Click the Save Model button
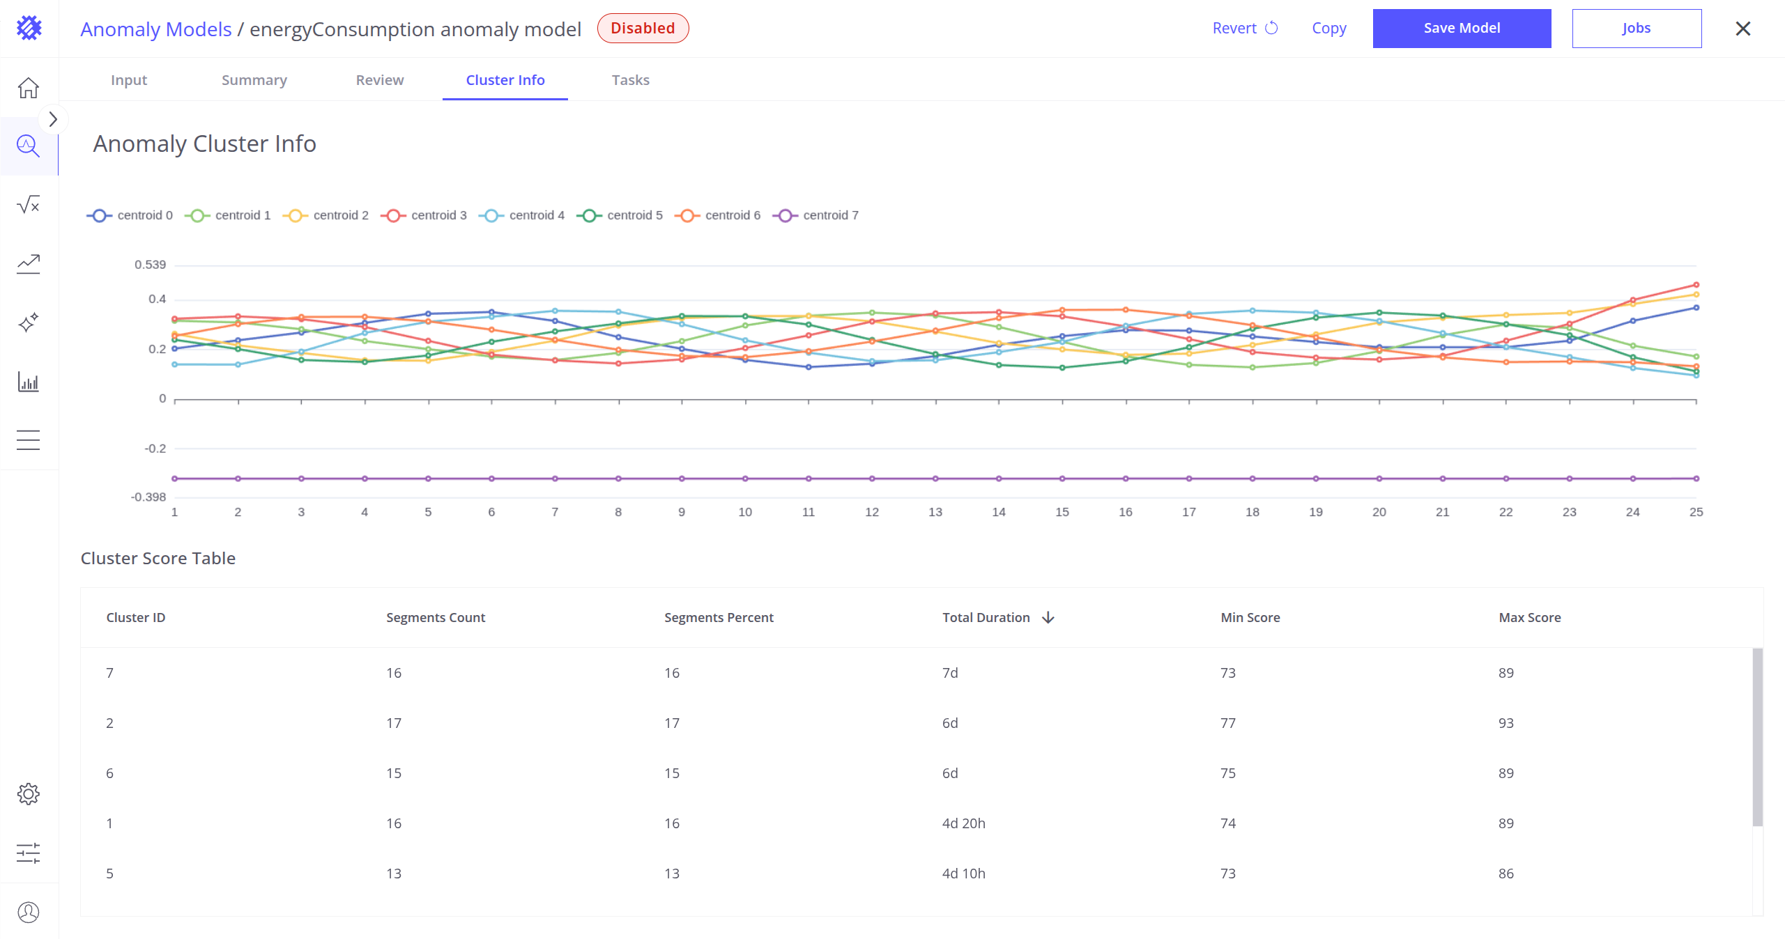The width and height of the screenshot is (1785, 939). coord(1462,29)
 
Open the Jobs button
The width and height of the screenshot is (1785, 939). coord(1636,29)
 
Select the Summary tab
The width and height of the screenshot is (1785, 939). coord(254,80)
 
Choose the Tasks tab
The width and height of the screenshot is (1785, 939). coord(630,80)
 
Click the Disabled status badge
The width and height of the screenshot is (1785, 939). coord(643,29)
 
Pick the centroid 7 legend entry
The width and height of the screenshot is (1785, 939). coord(816,215)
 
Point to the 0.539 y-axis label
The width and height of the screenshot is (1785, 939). coord(151,265)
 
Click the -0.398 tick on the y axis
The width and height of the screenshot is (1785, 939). coord(148,497)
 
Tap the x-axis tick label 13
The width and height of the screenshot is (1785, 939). coord(935,512)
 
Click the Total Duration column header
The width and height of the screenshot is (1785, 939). coord(986,618)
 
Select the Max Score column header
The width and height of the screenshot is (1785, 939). coord(1529,618)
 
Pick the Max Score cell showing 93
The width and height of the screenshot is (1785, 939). coord(1506,723)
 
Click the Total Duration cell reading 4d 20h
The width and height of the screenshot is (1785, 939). coord(963,823)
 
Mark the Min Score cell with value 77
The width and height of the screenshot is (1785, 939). coord(1227,723)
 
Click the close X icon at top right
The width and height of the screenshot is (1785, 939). coord(1742,29)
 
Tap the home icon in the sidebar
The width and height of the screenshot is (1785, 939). coord(29,88)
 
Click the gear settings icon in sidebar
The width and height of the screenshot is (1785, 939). coord(29,794)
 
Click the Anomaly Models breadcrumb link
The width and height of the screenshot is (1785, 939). coord(156,29)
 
